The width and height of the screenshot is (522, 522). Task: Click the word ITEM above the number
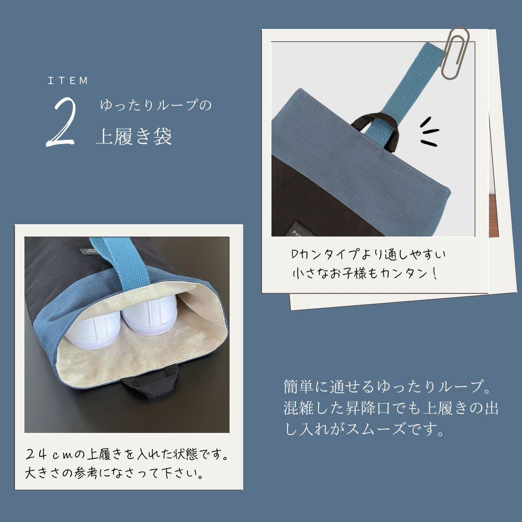pos(68,81)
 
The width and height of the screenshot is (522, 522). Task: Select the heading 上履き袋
pos(134,137)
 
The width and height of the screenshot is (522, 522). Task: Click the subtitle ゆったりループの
pos(156,105)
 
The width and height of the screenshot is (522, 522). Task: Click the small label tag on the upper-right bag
pos(295,230)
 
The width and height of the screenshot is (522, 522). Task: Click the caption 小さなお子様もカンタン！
pos(365,273)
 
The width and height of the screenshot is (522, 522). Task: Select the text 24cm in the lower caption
pos(48,454)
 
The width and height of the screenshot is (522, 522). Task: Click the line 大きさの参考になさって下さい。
pos(114,472)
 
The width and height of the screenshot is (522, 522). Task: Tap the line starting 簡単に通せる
pos(384,387)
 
